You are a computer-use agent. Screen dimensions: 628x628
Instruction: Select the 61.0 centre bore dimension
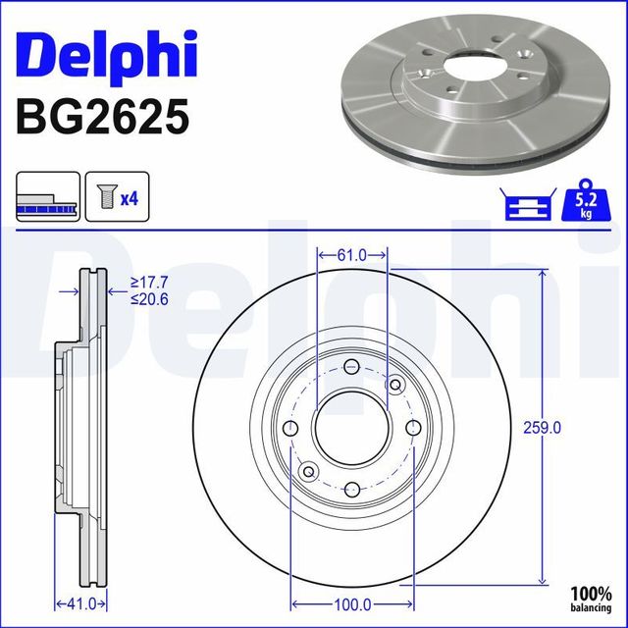tap(351, 255)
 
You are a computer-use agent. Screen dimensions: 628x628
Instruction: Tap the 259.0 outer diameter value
tap(543, 427)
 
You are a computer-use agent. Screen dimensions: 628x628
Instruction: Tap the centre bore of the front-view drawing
tap(350, 429)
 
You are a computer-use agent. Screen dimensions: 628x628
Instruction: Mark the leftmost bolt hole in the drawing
tap(289, 429)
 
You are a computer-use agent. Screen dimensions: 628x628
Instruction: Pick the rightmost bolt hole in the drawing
tap(413, 427)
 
